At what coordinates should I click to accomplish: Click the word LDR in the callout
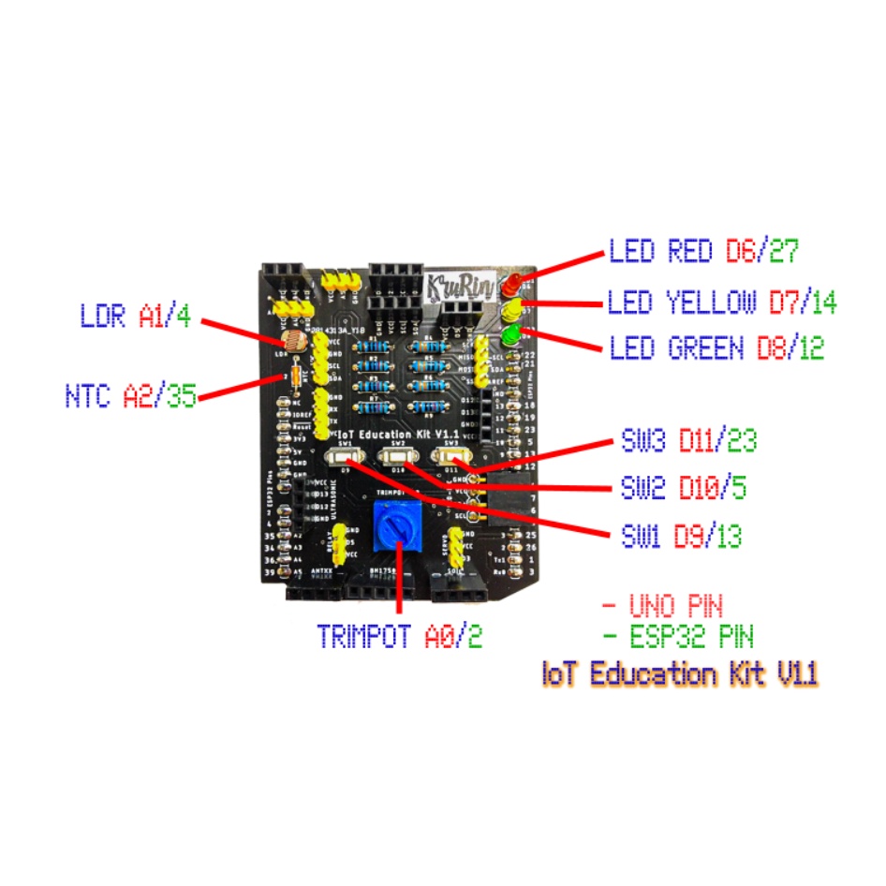(x=103, y=317)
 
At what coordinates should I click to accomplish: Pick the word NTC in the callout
(x=88, y=396)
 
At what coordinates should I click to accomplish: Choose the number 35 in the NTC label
(x=182, y=396)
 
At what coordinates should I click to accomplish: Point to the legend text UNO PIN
(x=675, y=604)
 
